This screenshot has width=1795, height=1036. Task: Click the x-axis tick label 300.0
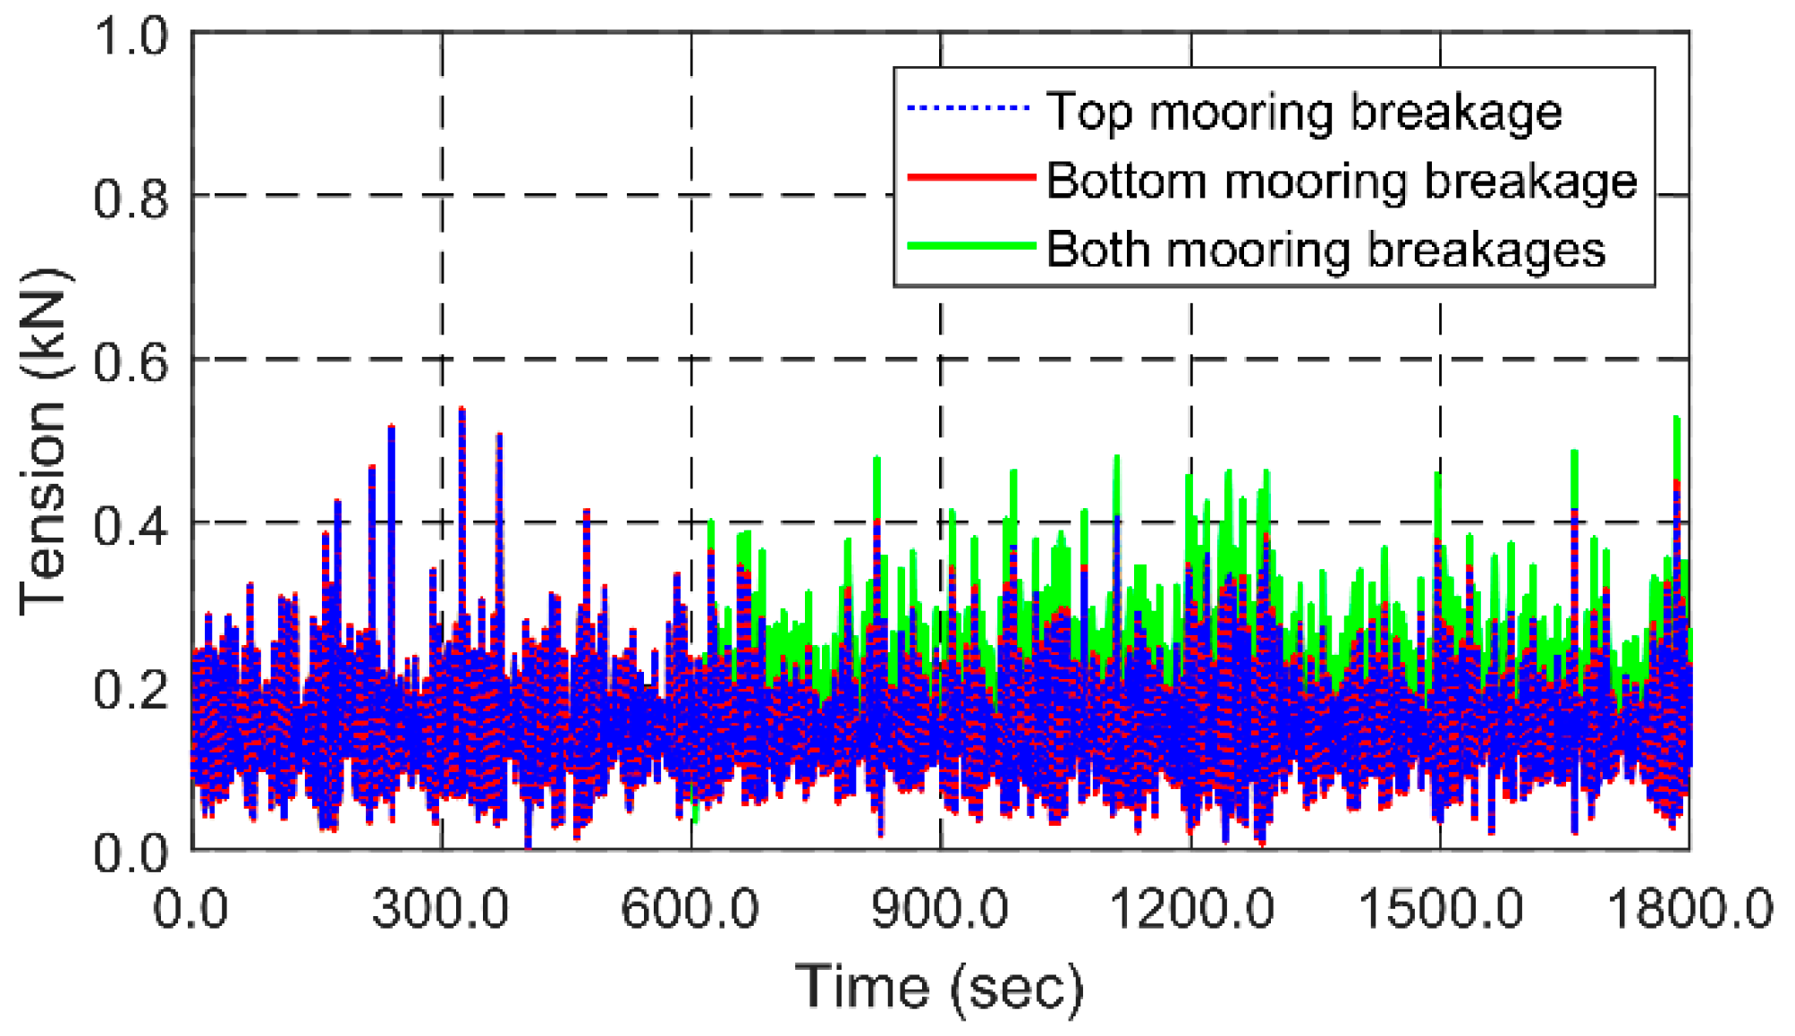click(x=440, y=910)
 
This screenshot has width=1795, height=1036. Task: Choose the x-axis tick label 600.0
click(x=690, y=910)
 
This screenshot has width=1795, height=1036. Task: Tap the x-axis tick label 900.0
click(x=940, y=910)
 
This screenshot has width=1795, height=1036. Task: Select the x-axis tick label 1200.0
click(x=1190, y=910)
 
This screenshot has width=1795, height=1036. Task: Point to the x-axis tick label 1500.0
click(x=1440, y=910)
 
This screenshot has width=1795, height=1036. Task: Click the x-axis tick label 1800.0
click(x=1689, y=910)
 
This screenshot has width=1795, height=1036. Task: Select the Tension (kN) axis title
click(x=43, y=441)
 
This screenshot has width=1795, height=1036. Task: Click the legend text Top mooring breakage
click(x=1304, y=112)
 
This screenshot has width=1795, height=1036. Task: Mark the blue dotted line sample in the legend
click(x=969, y=109)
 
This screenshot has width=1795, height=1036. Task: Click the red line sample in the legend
click(x=971, y=177)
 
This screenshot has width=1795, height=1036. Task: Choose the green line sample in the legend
click(x=971, y=245)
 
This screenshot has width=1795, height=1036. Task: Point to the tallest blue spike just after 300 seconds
click(x=461, y=412)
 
